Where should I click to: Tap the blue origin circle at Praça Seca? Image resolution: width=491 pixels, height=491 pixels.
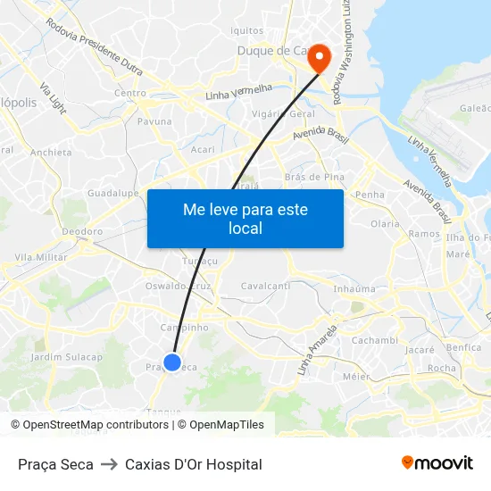pos(173,362)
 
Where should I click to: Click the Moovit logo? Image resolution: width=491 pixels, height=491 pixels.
pos(437,463)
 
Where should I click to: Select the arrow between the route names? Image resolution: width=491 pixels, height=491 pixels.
pos(109,464)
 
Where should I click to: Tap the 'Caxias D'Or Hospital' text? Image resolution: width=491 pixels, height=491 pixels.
pos(194,464)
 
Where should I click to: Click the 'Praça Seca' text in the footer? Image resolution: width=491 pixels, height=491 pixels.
pos(55,464)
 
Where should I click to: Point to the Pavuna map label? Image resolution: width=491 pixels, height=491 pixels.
pos(154,121)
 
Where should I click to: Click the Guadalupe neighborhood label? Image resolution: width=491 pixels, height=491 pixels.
pos(112,193)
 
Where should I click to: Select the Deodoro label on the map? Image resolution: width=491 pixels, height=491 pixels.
pos(82,231)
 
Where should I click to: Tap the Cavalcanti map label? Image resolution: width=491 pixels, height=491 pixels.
pos(265,286)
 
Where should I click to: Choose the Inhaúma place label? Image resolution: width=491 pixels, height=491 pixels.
pos(354,288)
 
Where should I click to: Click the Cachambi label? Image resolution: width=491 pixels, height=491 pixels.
pos(374,340)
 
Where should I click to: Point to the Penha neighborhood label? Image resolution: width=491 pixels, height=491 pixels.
pos(370,194)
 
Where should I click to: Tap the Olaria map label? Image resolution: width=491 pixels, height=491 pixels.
pos(385,224)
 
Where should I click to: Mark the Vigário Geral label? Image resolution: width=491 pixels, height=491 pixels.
pos(283,114)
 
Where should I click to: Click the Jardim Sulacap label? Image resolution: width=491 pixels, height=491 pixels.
pos(67,357)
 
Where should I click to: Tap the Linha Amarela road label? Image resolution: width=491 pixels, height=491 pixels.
pos(319,349)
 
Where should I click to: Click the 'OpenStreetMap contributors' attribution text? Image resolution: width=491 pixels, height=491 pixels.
pos(96,425)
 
